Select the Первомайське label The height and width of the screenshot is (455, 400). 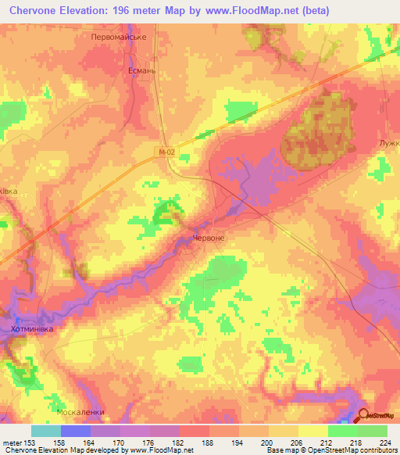point(120,37)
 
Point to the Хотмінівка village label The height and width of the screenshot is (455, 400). point(33,331)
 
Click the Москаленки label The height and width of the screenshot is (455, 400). point(80,411)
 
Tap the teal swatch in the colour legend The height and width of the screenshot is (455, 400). point(45,431)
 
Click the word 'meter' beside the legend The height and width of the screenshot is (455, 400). point(12,442)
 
